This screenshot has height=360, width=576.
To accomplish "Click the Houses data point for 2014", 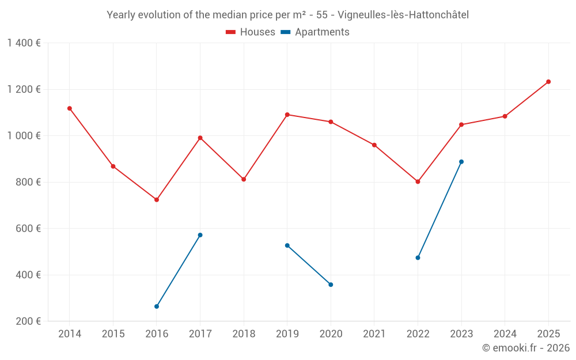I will tap(70, 108).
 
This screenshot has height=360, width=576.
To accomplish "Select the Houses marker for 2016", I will tap(157, 200).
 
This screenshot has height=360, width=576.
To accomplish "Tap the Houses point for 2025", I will tap(548, 82).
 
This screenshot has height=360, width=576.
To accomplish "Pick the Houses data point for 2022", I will tap(418, 181).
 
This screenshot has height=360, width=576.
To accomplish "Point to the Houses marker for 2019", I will tap(287, 115).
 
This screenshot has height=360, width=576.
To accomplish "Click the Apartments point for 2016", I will tap(157, 306).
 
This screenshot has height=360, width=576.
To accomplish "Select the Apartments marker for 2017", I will tap(200, 235).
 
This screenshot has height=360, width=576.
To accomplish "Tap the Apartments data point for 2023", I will tap(461, 162).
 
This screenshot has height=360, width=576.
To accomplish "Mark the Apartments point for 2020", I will tap(331, 285).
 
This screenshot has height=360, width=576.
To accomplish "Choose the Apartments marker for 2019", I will tap(287, 245).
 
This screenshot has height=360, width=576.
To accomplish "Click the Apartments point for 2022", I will tap(418, 257).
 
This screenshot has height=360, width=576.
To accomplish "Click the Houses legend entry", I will tap(251, 32).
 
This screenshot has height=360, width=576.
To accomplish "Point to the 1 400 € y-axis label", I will tap(24, 43).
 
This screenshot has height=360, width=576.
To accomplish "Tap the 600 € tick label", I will tap(28, 229).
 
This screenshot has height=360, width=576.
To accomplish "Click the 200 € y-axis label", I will tap(28, 321).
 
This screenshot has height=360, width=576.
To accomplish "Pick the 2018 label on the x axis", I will tap(244, 334).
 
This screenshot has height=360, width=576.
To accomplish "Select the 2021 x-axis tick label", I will tap(374, 334).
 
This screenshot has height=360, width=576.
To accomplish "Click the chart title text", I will tap(287, 15).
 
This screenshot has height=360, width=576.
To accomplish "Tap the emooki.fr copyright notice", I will tap(525, 348).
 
